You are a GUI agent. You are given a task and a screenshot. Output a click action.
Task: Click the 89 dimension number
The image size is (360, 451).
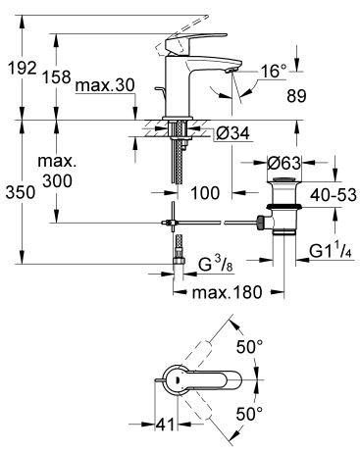click(317, 96)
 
